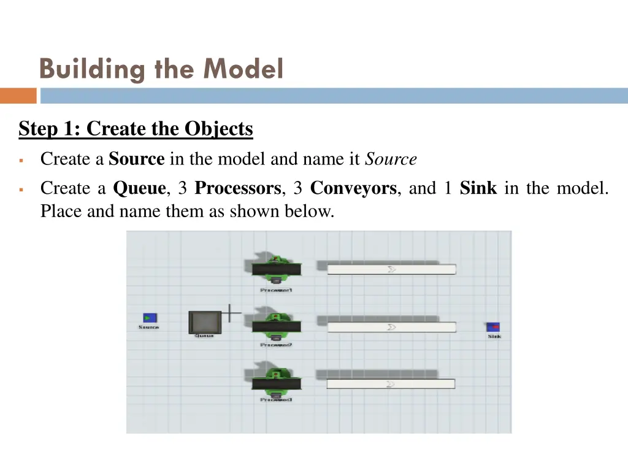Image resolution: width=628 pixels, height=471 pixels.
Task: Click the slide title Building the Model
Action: pyautogui.click(x=161, y=69)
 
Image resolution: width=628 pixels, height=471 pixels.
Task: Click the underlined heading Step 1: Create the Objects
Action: pyautogui.click(x=136, y=129)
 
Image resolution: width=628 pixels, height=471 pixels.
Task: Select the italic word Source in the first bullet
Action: pyautogui.click(x=391, y=159)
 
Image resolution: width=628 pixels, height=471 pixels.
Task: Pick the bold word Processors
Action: pyautogui.click(x=238, y=188)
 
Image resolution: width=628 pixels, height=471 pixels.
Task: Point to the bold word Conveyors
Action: pyautogui.click(x=353, y=188)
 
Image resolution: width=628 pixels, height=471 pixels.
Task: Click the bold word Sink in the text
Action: pyautogui.click(x=478, y=188)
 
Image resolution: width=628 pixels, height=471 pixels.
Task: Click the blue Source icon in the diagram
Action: pyautogui.click(x=150, y=318)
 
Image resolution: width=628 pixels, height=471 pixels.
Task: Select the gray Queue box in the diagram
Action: pyautogui.click(x=204, y=322)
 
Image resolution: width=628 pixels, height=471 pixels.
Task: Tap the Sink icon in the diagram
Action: pyautogui.click(x=493, y=327)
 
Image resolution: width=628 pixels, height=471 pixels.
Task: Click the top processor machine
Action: pyautogui.click(x=276, y=268)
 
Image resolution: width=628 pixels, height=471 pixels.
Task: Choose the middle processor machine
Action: pyautogui.click(x=276, y=325)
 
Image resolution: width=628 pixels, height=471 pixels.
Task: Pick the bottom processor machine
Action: pyautogui.click(x=276, y=383)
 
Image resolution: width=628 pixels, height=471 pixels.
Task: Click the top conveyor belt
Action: pyautogui.click(x=391, y=269)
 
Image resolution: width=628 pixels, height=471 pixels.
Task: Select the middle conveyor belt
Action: pyautogui.click(x=391, y=327)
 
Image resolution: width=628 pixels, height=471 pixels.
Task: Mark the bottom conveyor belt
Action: pyautogui.click(x=391, y=384)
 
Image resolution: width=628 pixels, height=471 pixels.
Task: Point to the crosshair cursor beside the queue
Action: pyautogui.click(x=231, y=313)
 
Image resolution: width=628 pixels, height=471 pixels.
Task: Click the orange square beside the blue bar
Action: pyautogui.click(x=18, y=96)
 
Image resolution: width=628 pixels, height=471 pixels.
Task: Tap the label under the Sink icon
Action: pyautogui.click(x=494, y=337)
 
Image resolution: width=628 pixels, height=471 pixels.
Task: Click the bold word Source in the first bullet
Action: pyautogui.click(x=136, y=159)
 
